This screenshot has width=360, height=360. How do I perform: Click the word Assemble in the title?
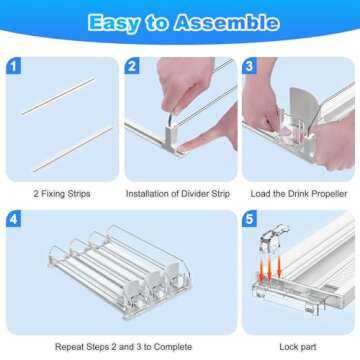[226, 23]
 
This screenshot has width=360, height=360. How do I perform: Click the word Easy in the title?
[114, 24]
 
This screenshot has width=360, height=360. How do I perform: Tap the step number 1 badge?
[13, 66]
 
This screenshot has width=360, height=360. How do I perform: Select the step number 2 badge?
[132, 66]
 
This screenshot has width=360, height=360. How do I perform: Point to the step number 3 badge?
[249, 66]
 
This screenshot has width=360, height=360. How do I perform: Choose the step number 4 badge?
[13, 219]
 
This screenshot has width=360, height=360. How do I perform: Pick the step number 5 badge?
[249, 219]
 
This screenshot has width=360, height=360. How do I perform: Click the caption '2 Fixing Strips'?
[62, 194]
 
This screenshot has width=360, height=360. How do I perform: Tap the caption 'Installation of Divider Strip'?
[178, 194]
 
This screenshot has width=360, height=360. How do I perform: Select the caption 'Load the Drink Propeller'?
[299, 194]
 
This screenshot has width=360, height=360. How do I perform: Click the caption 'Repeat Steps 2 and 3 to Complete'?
[123, 347]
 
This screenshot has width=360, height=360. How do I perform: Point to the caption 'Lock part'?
[298, 347]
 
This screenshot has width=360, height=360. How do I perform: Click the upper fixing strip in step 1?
[58, 96]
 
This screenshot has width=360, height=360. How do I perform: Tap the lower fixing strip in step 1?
[72, 149]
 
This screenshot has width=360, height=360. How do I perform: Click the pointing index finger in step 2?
[207, 135]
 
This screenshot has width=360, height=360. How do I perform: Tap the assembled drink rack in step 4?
[120, 272]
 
